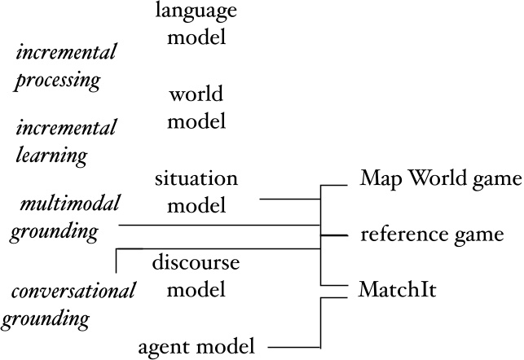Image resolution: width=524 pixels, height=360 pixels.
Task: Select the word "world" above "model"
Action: [x=196, y=94]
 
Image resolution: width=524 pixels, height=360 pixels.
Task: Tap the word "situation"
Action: [x=196, y=178]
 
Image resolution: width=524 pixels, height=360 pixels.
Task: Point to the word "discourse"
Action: [x=196, y=261]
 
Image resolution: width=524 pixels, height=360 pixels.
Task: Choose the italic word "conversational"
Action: [x=73, y=292]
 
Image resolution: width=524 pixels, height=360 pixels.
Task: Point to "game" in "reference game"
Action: [x=474, y=235]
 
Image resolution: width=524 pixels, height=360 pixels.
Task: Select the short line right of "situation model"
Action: [x=289, y=198]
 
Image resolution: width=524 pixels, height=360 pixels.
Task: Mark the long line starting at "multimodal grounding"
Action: [x=220, y=224]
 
